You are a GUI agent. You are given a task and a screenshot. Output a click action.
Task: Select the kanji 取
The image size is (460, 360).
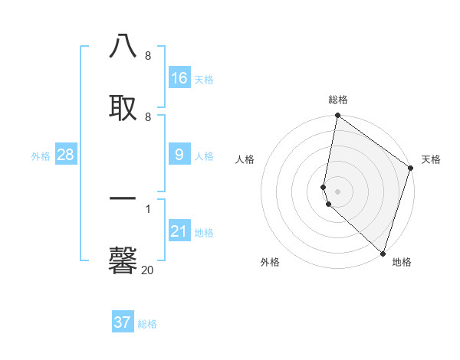coord(123,106)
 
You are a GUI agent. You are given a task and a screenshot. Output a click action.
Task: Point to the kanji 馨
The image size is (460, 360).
coord(123,259)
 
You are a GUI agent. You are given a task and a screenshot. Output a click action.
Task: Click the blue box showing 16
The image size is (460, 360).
coord(179,78)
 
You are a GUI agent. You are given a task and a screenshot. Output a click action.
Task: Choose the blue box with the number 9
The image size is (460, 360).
coord(179,155)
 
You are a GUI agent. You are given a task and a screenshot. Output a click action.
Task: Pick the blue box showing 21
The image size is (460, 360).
coord(179,231)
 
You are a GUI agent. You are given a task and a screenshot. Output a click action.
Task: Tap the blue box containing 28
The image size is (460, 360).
coord(66,155)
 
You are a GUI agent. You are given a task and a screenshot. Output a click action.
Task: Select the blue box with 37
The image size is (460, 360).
coord(123,322)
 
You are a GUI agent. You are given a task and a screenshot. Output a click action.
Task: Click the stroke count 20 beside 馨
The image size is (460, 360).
coord(147,270)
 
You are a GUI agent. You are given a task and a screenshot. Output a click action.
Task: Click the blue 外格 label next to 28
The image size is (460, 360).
coord(41,156)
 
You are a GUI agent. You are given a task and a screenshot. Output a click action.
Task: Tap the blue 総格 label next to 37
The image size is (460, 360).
coord(147,324)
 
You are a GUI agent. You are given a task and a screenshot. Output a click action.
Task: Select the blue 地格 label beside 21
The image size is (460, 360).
coord(204,233)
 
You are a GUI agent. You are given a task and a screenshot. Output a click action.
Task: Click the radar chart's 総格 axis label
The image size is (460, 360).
coord(338,100)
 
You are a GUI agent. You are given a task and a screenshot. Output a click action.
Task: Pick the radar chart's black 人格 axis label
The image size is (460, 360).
coord(245,159)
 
